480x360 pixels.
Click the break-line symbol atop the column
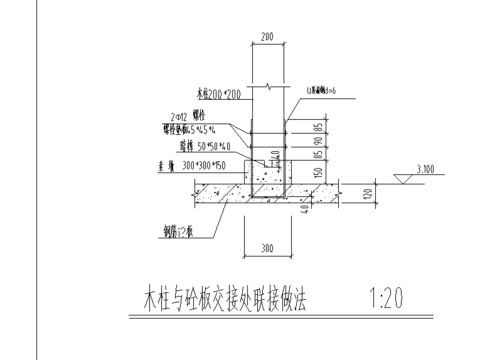click(x=265, y=86)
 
